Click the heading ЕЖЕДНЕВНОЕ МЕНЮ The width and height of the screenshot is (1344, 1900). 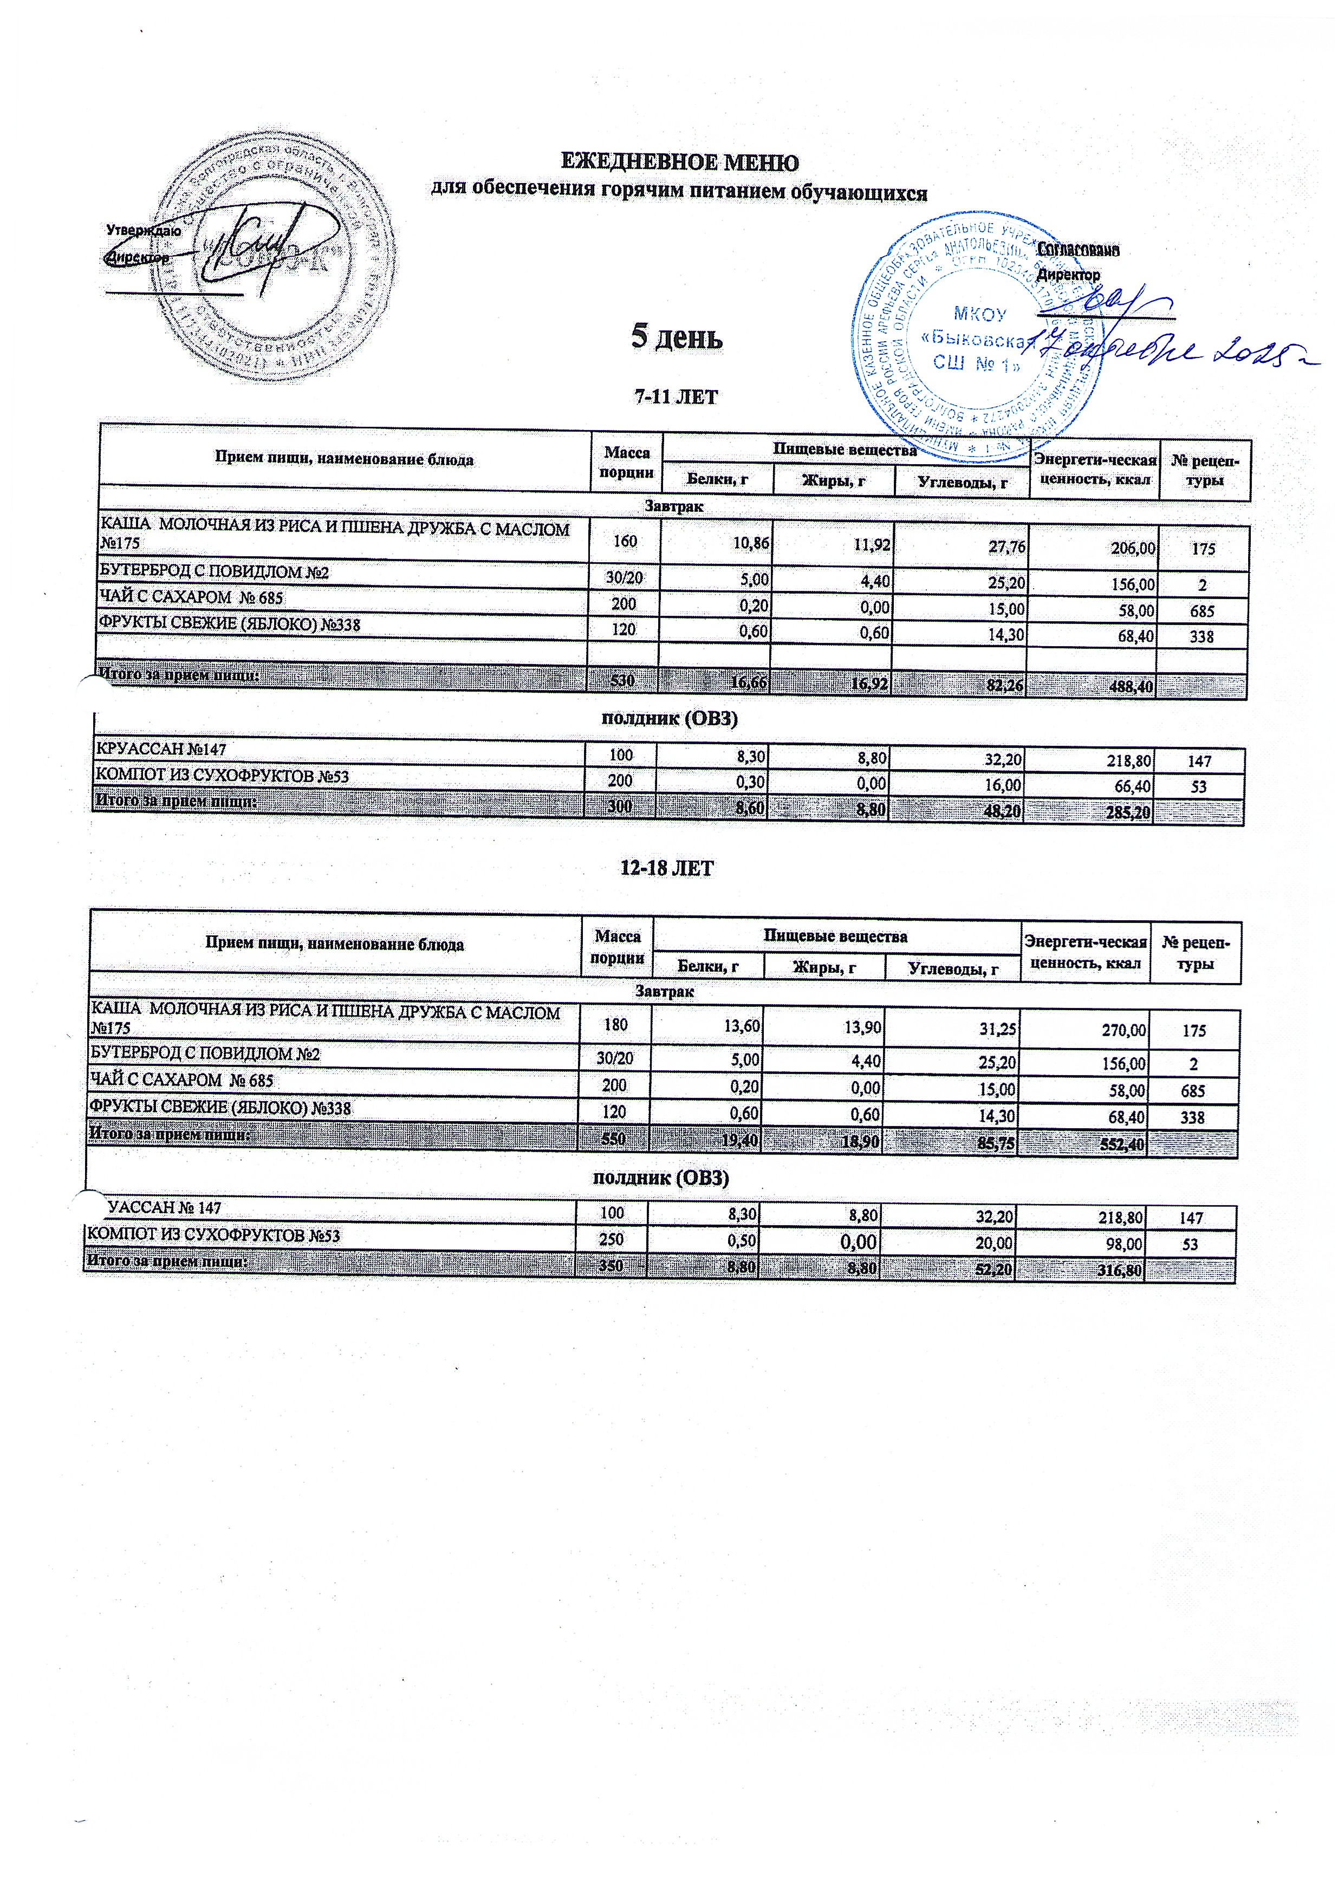point(679,161)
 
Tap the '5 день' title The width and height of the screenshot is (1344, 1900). point(677,337)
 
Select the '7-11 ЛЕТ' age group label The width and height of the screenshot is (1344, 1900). point(676,397)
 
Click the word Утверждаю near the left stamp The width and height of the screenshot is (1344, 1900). point(143,232)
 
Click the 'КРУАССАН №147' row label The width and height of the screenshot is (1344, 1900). point(161,750)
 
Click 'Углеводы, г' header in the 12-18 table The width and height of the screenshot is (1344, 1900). point(952,967)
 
